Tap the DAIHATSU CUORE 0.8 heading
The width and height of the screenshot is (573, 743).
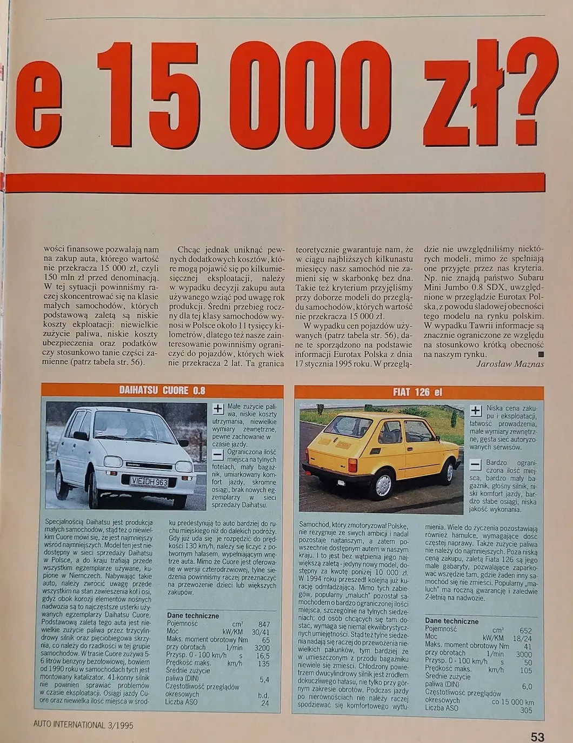tap(162, 390)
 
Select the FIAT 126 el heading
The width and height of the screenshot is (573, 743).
tap(417, 392)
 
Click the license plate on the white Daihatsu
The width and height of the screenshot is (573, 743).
tap(149, 481)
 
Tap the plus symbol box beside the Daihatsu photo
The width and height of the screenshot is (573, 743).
tap(217, 408)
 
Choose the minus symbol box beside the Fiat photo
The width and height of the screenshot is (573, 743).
tap(475, 465)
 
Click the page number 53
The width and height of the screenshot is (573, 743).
tap(537, 736)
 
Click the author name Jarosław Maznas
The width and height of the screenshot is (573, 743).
tap(510, 364)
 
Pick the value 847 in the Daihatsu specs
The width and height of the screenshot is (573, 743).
tap(263, 624)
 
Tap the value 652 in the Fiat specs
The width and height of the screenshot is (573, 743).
tap(525, 631)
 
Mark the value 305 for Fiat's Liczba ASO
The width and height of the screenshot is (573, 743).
tap(525, 709)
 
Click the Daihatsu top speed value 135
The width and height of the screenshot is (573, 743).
tap(263, 664)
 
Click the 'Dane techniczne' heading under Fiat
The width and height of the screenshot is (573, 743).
tap(451, 621)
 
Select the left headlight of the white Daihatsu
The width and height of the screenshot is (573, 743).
tap(113, 462)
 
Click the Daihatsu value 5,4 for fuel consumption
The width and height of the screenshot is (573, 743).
tap(264, 679)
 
